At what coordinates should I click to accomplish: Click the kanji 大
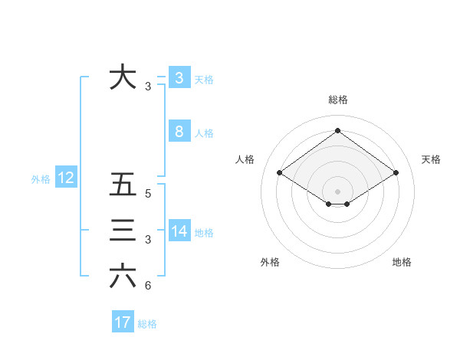click(x=123, y=77)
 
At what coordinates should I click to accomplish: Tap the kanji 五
click(x=123, y=185)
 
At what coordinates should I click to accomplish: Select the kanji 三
click(x=123, y=231)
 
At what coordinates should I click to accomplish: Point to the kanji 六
click(x=123, y=276)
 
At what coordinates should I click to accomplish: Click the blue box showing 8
click(x=179, y=132)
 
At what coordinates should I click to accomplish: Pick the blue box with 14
click(x=179, y=231)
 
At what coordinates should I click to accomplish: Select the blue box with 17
click(x=123, y=322)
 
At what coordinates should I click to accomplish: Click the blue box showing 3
click(x=179, y=77)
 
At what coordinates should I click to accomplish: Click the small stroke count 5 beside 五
click(x=148, y=195)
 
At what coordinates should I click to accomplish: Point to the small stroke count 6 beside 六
click(x=148, y=286)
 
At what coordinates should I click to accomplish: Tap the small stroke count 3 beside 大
click(x=148, y=87)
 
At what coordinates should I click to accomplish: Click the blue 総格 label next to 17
click(x=147, y=324)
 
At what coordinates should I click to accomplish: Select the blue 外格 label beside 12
click(x=41, y=179)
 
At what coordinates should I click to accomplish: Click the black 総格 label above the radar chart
click(x=338, y=100)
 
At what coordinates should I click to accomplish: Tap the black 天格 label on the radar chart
click(x=431, y=159)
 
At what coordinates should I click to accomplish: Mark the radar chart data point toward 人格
click(x=280, y=173)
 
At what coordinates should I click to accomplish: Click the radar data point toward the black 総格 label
click(x=337, y=131)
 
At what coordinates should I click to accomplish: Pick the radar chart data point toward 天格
click(x=396, y=173)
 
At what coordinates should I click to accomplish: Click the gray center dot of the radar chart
click(x=337, y=190)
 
